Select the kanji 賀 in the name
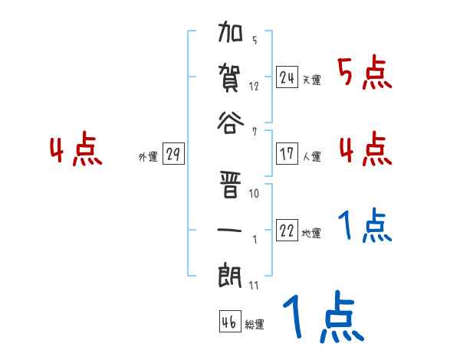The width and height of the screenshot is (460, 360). [x=231, y=80]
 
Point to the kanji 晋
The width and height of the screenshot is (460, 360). [x=231, y=186]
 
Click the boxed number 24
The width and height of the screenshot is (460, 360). [x=287, y=77]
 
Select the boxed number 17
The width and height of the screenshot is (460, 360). [x=287, y=154]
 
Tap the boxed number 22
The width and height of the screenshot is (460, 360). [x=287, y=231]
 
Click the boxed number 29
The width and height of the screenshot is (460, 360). [x=173, y=155]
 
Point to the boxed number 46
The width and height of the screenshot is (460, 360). [x=229, y=322]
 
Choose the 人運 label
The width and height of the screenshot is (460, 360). [x=311, y=157]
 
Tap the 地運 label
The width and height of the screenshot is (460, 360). [x=311, y=234]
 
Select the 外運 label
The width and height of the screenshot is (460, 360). [x=147, y=158]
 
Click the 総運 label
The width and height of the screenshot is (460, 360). [x=255, y=326]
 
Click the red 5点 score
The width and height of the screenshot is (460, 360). [x=364, y=74]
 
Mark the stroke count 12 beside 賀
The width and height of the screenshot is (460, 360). [x=254, y=86]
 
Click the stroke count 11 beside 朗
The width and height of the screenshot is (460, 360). [x=254, y=286]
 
